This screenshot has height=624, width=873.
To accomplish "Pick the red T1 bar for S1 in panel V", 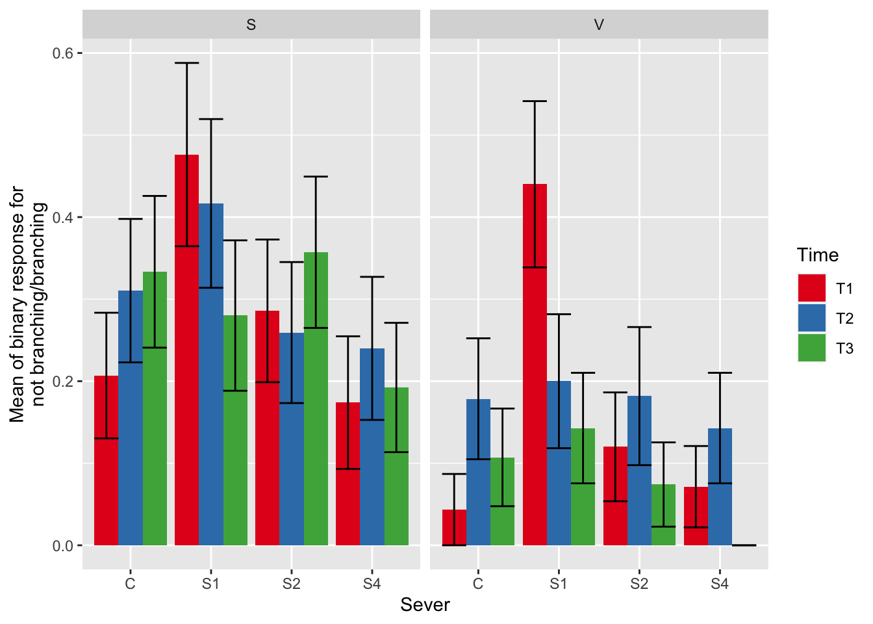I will click(535, 364).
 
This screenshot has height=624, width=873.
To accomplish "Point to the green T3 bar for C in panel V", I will click(502, 501).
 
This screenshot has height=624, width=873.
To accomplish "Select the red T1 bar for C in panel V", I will click(454, 527).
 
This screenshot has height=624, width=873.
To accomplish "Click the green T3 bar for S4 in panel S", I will click(396, 466).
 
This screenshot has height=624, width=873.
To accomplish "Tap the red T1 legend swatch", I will click(811, 288).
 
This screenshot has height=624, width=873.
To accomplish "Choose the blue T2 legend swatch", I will click(811, 318).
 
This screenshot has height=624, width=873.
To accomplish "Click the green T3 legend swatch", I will click(811, 348).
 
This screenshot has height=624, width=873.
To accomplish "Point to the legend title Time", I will click(817, 255).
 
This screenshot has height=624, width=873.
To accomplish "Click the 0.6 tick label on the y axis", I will click(62, 53).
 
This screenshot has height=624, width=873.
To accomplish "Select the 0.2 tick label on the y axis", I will click(62, 382).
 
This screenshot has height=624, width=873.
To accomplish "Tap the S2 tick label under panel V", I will click(639, 584).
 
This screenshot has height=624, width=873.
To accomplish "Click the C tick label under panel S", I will click(131, 584).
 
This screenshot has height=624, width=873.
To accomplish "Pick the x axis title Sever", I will click(425, 605).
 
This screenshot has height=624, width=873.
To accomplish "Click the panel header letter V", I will click(599, 25).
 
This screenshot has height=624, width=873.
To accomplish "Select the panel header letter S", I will click(251, 25).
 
